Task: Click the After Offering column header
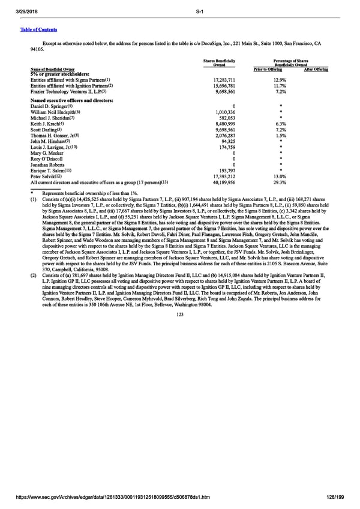(x=316, y=70)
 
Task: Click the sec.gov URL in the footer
(x=115, y=498)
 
